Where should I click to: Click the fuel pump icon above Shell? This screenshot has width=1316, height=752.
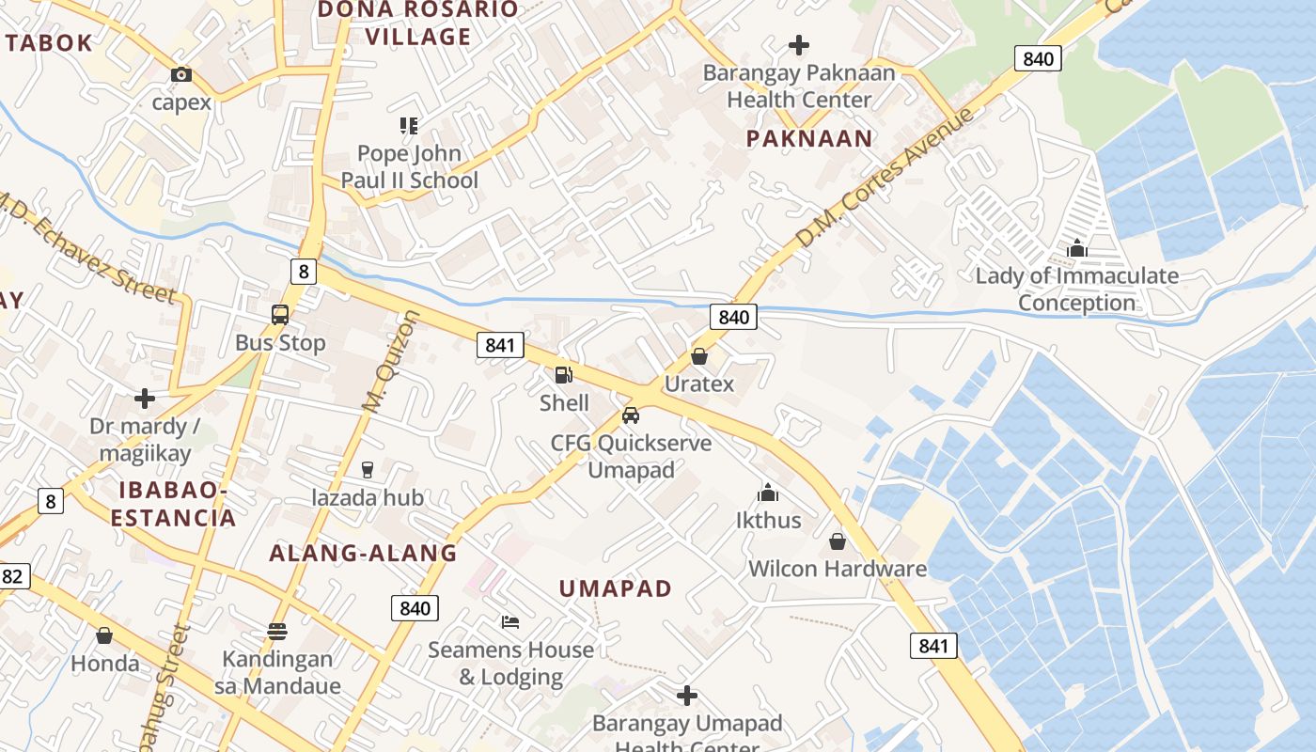(x=564, y=375)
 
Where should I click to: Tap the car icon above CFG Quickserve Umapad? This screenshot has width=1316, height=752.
(x=631, y=415)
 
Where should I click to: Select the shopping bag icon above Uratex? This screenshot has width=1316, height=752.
(x=698, y=356)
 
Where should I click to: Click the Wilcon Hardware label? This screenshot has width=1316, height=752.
(x=837, y=569)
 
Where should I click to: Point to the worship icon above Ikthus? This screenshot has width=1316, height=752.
(x=768, y=493)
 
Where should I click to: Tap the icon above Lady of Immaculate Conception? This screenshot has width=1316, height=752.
(x=1077, y=248)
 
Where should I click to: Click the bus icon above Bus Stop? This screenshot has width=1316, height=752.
(x=280, y=315)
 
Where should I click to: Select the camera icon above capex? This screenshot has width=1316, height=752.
(x=181, y=74)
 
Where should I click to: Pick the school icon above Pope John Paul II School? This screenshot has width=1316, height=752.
(x=409, y=125)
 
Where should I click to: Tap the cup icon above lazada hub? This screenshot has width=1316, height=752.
(x=368, y=469)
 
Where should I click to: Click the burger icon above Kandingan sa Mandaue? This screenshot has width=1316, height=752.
(x=276, y=631)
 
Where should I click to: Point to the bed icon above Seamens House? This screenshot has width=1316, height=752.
(x=510, y=622)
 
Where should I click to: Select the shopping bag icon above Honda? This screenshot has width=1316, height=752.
(x=104, y=635)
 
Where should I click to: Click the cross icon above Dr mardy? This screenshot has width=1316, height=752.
(x=145, y=399)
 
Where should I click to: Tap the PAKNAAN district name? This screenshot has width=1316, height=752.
(x=809, y=139)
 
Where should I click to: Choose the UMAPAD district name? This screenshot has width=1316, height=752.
(x=616, y=589)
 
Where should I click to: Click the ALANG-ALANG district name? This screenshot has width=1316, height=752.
(x=363, y=554)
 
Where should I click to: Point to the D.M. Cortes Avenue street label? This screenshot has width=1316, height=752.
(x=886, y=179)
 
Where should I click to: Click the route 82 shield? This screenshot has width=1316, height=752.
(x=11, y=576)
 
